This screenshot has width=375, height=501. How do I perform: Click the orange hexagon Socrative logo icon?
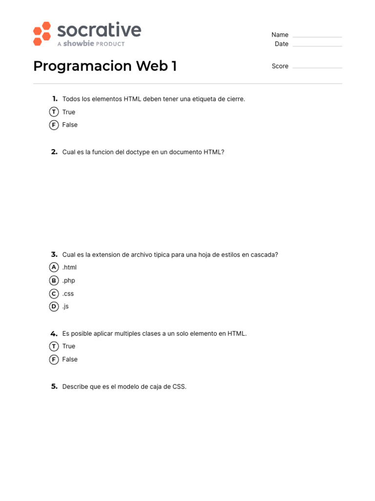(42, 34)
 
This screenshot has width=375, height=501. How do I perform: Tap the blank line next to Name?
(317, 36)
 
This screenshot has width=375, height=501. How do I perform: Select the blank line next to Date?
(317, 46)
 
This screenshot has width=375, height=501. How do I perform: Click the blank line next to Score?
(317, 67)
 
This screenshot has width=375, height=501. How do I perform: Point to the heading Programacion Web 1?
(105, 66)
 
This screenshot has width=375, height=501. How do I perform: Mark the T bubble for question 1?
(54, 112)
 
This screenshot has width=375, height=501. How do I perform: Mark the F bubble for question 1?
(54, 125)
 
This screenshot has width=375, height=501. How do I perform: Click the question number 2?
(54, 152)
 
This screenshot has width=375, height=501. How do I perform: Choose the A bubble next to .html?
(54, 267)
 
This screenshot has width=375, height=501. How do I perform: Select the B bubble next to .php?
(54, 280)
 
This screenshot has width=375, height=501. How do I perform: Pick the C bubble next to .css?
(54, 294)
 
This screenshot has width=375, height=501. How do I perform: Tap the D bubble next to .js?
(54, 306)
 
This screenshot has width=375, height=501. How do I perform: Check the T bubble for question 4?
(54, 346)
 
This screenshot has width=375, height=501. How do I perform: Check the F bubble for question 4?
(54, 359)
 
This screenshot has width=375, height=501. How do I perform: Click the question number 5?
(54, 387)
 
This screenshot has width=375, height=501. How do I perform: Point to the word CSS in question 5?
(179, 387)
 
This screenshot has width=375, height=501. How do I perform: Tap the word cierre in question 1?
(234, 99)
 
